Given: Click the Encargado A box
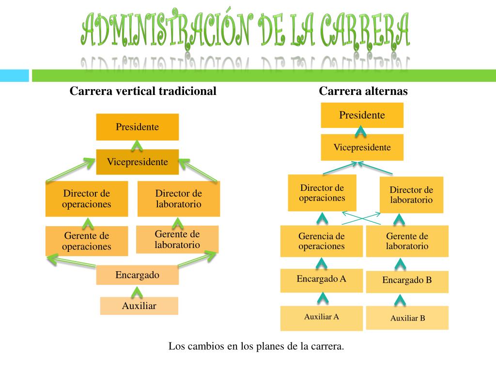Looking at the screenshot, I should (x=321, y=280).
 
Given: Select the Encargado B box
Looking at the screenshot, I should (x=407, y=281).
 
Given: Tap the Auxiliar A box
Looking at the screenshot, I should (x=321, y=318).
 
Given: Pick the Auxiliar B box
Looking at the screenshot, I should (x=407, y=318).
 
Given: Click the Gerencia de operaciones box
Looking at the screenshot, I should (x=321, y=241).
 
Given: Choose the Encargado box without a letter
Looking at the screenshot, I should (x=137, y=276).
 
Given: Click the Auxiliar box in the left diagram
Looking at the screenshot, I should (x=139, y=306).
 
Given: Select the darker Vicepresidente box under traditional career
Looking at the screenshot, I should (x=137, y=162).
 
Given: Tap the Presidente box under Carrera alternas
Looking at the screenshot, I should (x=362, y=115).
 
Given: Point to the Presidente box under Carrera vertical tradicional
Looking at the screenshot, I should (x=137, y=127).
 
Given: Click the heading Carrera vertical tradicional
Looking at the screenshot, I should (x=143, y=91).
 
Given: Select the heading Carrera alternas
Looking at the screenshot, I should (x=363, y=91).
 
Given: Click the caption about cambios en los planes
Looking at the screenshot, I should (x=256, y=346).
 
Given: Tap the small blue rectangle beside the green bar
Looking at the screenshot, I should (x=14, y=76).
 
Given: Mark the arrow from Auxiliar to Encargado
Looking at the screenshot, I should (x=137, y=292).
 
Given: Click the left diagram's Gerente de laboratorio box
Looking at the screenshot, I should (x=177, y=239).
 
